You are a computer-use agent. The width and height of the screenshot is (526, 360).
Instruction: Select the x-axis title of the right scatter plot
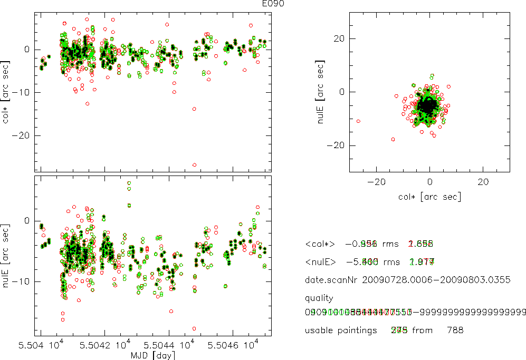tap(430, 197)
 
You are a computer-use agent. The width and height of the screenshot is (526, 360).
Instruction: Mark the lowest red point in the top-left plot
tap(194, 165)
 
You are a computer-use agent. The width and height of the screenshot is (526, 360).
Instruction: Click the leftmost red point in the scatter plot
tap(358, 121)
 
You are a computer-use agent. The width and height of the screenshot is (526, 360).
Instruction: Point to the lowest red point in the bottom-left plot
tap(194, 329)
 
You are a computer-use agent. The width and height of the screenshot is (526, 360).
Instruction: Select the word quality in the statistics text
tap(319, 298)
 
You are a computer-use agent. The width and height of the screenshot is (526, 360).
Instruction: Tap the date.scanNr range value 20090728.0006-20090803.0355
tap(436, 280)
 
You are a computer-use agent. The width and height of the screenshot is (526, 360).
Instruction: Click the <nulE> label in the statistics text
tap(320, 261)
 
